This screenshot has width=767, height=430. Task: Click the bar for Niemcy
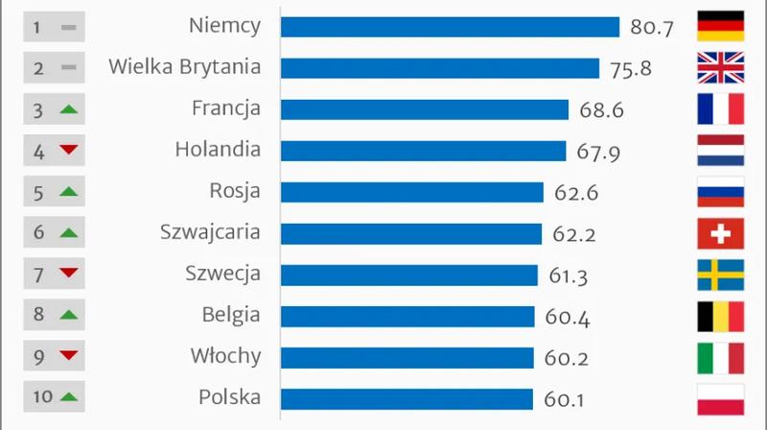pos(450,27)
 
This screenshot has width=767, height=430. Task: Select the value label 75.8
pos(630,69)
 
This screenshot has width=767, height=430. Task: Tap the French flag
pos(720,109)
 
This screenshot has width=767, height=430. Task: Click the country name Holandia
pos(218,150)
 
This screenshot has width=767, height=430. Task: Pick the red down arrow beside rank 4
pos(67,151)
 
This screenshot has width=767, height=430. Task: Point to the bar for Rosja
pos(412,192)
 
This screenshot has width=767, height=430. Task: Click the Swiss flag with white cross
pos(720,233)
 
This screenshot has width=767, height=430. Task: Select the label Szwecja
pos(222,275)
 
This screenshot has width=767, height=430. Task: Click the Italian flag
pos(720,358)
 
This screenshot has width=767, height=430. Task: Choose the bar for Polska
pos(407,398)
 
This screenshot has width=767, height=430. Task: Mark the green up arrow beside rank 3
pos(67,109)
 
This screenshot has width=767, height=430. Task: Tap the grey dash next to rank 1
pos(67,28)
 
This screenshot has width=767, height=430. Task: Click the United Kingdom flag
pos(720,68)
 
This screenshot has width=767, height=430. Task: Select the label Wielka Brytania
pos(184,67)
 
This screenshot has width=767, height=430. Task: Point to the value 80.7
pos(652,28)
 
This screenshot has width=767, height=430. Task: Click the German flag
pos(720,27)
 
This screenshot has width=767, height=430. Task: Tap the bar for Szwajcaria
pos(411,233)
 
